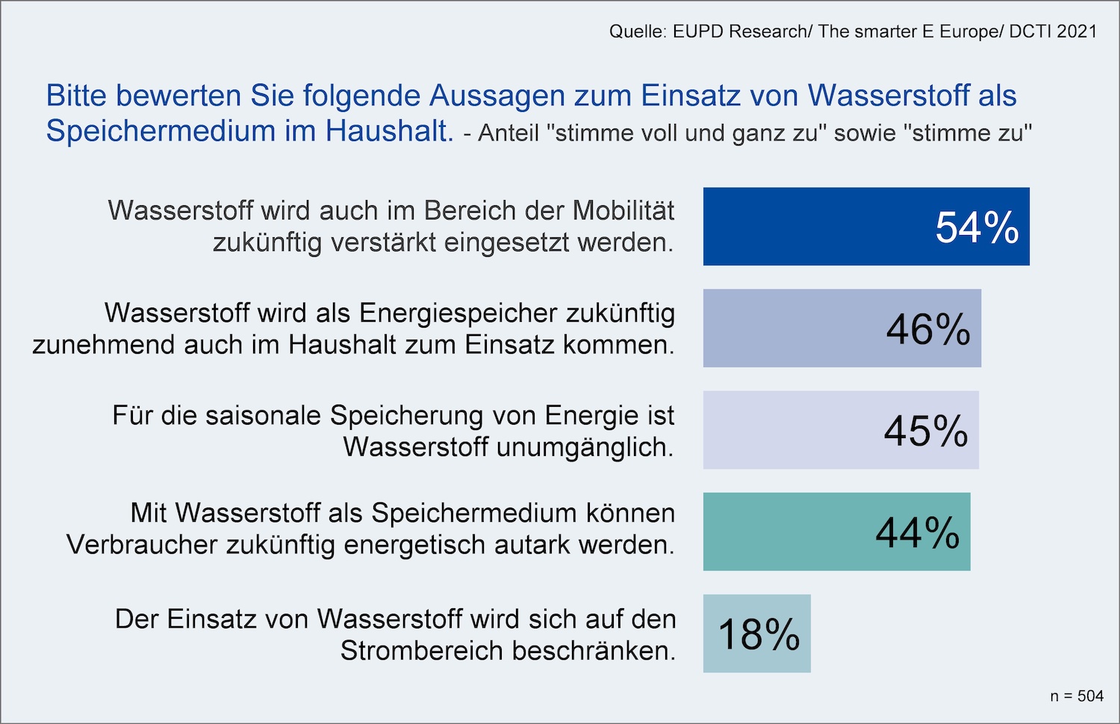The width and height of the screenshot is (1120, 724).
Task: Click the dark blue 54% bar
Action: coord(821,226)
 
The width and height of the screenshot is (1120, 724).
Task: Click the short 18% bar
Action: coord(756,634)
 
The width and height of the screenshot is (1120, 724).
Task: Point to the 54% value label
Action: coord(977,228)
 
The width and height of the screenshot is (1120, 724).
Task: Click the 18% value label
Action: coord(759,635)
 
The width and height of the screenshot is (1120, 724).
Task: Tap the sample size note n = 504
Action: coord(1077,696)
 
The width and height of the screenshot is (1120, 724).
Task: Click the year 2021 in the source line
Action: coord(1077,31)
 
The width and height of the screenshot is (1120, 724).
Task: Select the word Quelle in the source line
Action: coord(636,31)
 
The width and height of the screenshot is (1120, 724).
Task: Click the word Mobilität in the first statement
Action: coord(623,210)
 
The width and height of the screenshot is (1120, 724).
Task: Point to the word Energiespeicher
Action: coord(459,313)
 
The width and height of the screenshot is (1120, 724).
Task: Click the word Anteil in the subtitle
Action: coord(508,133)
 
